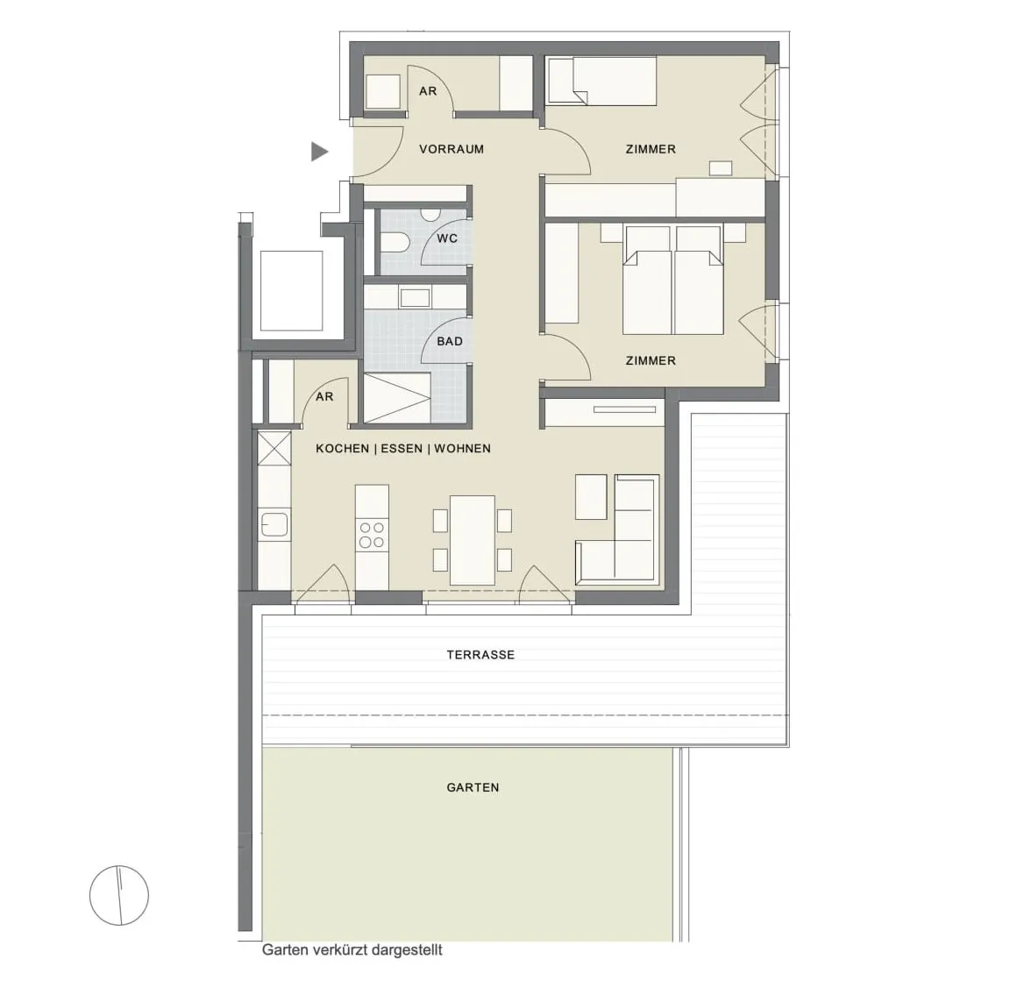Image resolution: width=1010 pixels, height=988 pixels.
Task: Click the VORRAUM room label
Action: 451,149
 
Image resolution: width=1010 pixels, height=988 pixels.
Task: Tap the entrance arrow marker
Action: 319,152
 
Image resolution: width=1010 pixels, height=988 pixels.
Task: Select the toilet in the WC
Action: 395,244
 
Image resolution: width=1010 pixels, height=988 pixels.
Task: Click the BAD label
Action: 450,341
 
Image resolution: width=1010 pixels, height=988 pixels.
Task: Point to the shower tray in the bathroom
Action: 397,398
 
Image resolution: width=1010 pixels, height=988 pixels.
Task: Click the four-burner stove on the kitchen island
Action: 372,536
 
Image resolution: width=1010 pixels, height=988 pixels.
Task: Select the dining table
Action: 473,540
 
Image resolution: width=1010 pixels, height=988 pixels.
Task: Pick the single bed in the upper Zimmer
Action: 601,81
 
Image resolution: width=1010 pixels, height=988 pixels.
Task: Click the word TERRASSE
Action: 480,655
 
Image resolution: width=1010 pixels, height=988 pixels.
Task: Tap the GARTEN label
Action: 473,787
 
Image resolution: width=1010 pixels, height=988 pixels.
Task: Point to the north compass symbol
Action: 119,895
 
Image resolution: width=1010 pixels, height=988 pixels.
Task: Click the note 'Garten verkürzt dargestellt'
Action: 352,950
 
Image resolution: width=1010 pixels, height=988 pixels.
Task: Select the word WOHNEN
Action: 463,448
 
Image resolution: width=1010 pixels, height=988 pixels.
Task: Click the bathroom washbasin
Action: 414,297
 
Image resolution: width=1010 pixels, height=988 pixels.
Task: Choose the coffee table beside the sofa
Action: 591,496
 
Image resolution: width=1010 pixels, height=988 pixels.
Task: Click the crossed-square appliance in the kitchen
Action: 274,448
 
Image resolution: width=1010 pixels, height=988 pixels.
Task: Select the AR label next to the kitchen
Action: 324,397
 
